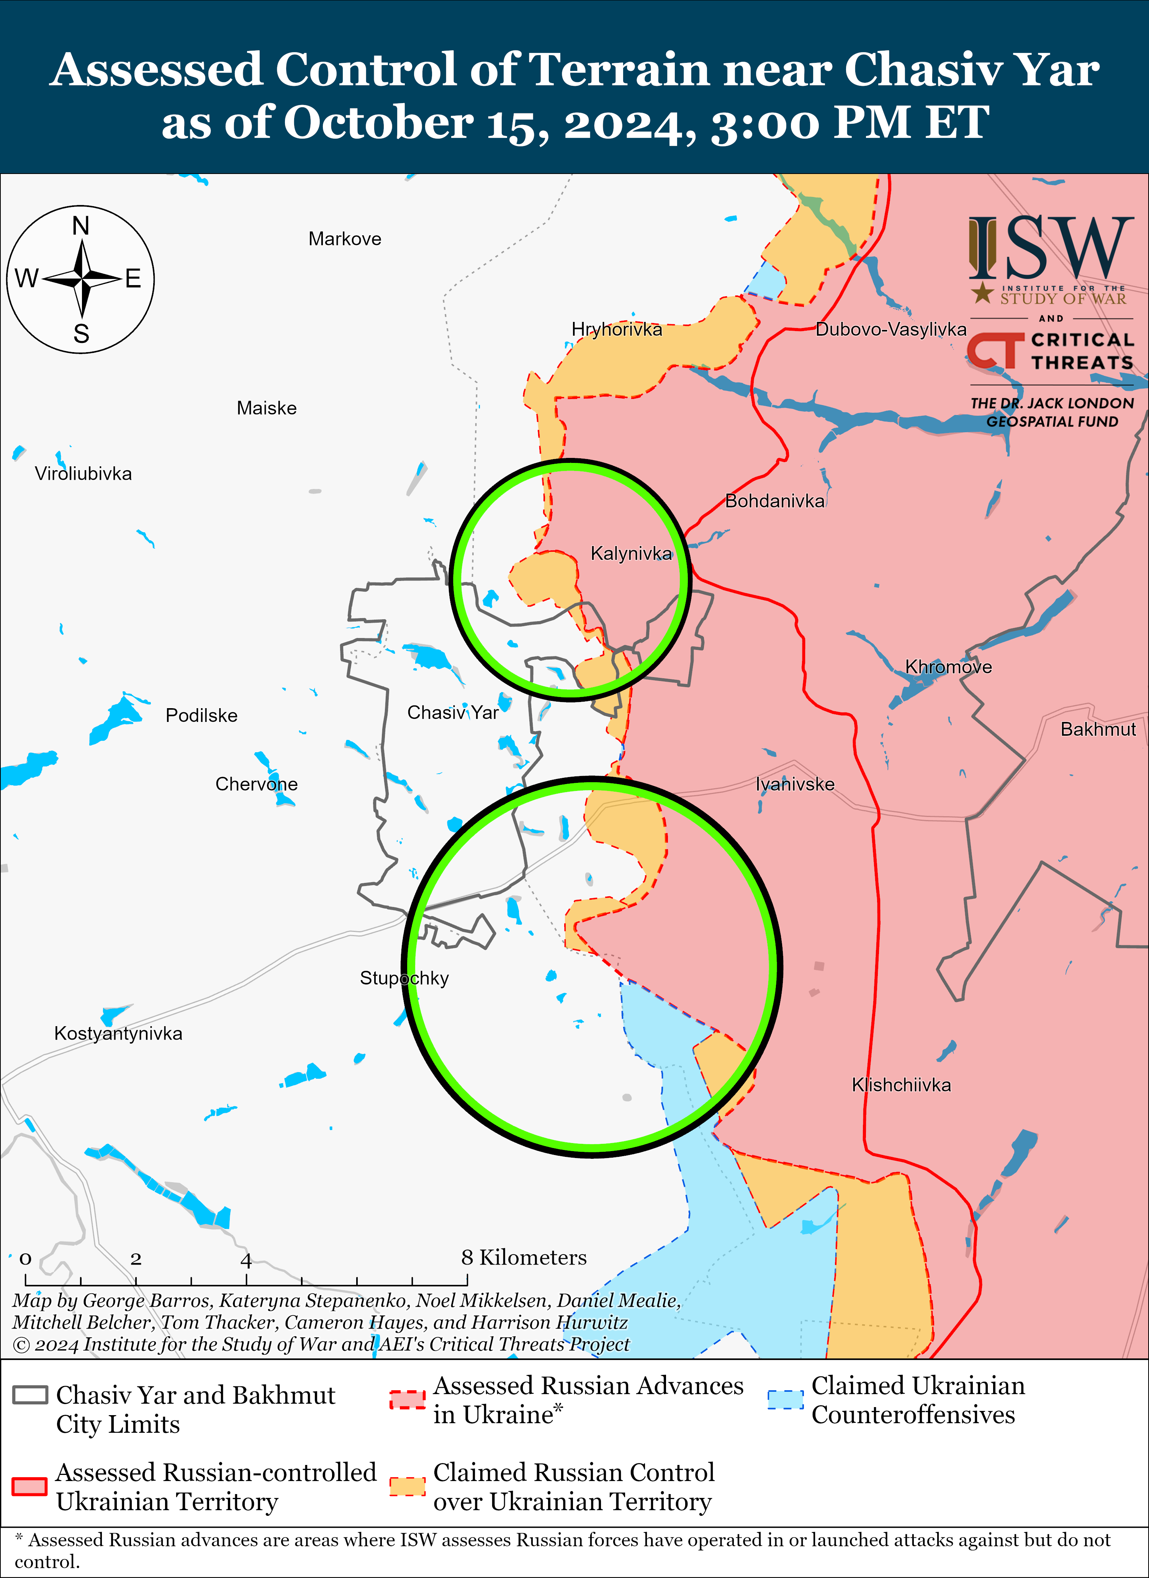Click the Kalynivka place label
[x=631, y=554]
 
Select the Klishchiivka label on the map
[x=901, y=1085]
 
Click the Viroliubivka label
[x=83, y=474]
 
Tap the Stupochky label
[x=404, y=978]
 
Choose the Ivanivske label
[x=795, y=784]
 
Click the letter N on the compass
[x=81, y=226]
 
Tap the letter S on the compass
[x=81, y=334]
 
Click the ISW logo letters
[x=1050, y=247]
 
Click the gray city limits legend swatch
[x=30, y=1395]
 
